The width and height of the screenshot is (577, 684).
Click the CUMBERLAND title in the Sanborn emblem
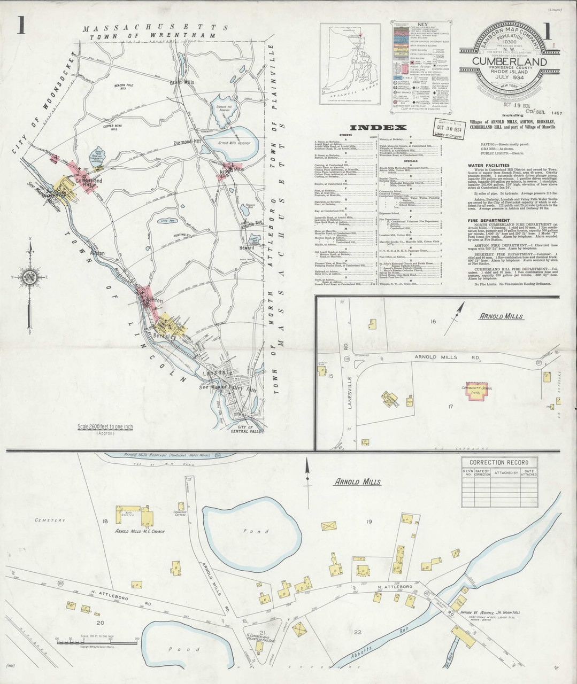tap(509, 61)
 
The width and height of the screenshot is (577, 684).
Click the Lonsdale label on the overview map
tap(217, 372)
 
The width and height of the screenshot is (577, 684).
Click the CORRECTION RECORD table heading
tap(498, 462)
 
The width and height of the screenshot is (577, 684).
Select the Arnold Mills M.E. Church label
tap(140, 531)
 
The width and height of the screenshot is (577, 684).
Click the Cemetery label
tap(50, 520)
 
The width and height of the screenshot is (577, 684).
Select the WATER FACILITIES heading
tap(488, 166)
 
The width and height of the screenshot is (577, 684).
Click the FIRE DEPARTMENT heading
tap(488, 220)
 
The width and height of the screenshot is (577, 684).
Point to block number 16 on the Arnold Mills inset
tap(433, 321)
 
